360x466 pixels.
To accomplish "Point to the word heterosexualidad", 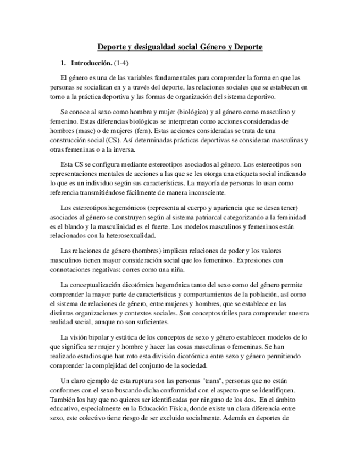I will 130,236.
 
